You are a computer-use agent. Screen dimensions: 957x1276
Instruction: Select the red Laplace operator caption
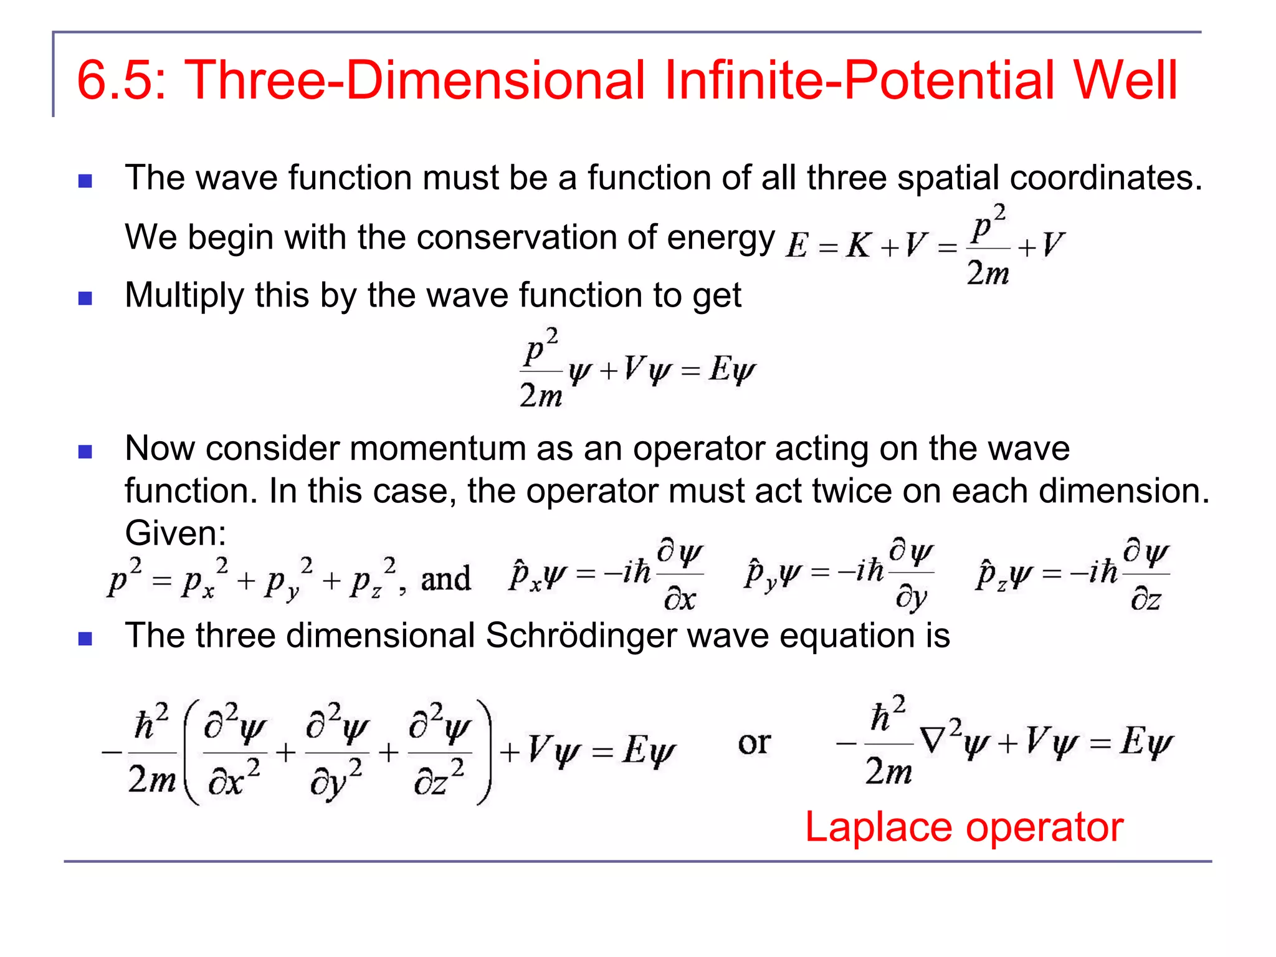964,827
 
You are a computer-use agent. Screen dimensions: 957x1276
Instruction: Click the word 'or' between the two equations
754,743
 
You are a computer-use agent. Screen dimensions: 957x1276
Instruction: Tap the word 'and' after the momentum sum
445,579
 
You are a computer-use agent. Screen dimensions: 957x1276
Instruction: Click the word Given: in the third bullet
176,533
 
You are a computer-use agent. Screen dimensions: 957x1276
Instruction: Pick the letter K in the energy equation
858,245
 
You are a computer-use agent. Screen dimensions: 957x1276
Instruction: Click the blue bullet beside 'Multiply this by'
85,298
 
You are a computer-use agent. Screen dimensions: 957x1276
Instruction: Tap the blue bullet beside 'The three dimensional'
85,639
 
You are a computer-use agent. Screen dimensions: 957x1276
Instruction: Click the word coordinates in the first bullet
1106,178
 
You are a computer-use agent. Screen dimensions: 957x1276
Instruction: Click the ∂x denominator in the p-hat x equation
679,599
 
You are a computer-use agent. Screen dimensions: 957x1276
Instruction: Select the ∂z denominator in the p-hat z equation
1145,599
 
